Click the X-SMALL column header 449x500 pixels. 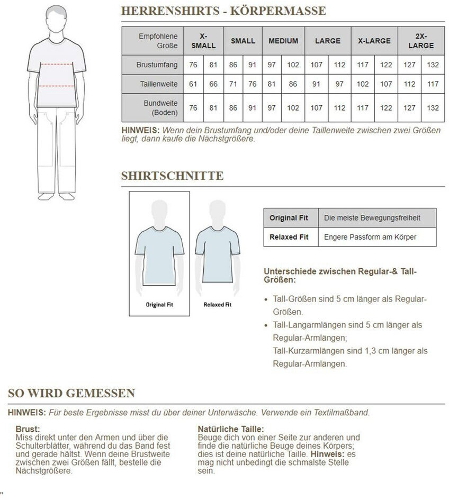click(x=203, y=41)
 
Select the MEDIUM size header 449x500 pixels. click(x=283, y=41)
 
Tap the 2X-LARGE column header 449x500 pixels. click(x=421, y=41)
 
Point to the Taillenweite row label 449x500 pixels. click(x=158, y=84)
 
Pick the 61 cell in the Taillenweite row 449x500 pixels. click(x=193, y=84)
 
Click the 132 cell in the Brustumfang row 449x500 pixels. click(x=433, y=65)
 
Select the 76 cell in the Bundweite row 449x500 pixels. click(x=193, y=108)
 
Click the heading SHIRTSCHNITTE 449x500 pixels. click(x=172, y=176)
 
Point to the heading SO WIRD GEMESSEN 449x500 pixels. click(x=71, y=393)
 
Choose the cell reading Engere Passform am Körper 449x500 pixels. click(x=370, y=237)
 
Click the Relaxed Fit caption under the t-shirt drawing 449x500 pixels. click(x=218, y=305)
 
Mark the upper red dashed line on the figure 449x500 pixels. click(x=56, y=65)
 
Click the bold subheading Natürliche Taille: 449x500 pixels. click(x=230, y=429)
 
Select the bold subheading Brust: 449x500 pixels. click(x=28, y=429)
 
